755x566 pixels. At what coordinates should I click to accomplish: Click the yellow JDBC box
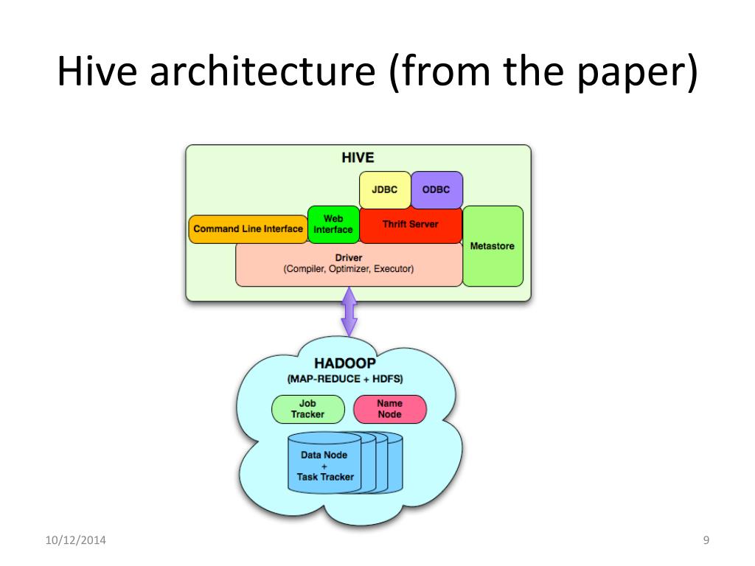coord(384,189)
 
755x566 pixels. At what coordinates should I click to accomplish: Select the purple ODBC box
coord(436,189)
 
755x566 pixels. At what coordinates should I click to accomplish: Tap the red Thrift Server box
coord(410,225)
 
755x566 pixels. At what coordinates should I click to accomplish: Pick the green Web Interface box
coord(333,225)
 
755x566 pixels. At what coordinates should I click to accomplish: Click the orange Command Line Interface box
coord(248,229)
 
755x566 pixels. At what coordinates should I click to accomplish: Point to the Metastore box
coord(493,246)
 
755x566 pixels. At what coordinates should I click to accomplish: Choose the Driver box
coord(348,265)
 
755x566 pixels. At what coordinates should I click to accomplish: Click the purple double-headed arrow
coord(349,311)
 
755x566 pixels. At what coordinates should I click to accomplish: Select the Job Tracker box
coord(307,409)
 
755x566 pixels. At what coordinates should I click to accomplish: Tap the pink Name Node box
coord(389,409)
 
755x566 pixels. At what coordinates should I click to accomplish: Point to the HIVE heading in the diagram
coord(358,158)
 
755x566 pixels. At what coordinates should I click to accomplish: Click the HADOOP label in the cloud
coord(344,364)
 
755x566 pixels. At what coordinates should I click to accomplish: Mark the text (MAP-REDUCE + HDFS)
coord(344,380)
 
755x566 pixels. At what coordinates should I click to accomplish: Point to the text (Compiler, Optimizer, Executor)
coord(348,270)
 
